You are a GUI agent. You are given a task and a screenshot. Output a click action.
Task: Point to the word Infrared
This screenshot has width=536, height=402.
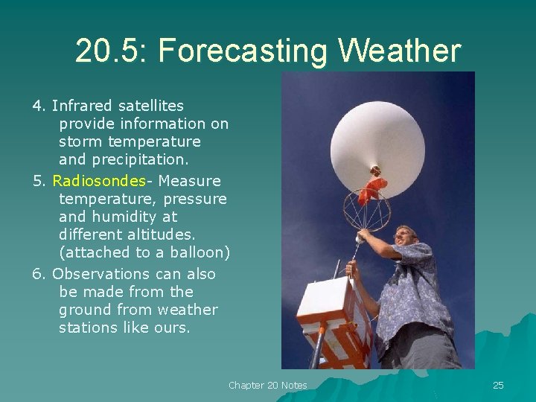81,106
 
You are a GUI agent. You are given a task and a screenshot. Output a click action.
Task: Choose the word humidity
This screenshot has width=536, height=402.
123,217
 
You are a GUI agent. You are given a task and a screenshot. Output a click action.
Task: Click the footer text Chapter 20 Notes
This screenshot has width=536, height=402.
267,385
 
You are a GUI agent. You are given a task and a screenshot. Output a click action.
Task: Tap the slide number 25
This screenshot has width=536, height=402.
498,385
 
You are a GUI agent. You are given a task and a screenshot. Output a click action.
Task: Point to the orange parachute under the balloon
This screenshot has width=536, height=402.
372,189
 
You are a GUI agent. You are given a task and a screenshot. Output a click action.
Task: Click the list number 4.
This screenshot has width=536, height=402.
36,106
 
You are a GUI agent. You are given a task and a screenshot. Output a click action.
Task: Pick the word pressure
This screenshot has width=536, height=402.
196,199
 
